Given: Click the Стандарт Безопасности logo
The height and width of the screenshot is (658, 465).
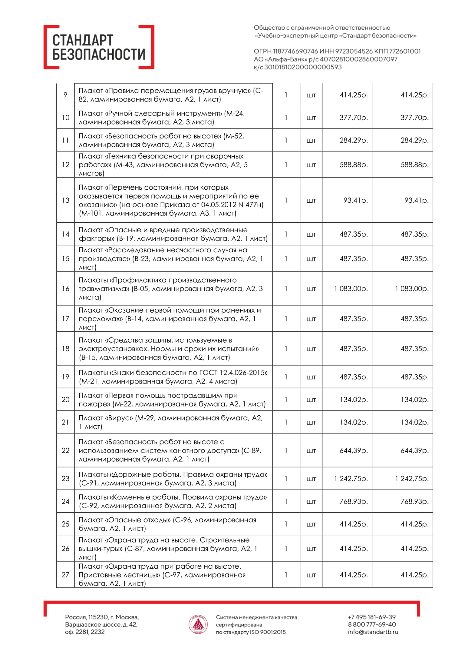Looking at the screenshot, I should (99, 47).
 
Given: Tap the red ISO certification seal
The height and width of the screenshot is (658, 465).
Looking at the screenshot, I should (198, 625).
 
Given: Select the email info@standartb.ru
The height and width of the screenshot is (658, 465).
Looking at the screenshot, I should (373, 632).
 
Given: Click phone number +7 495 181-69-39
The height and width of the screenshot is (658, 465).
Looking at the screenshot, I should (371, 617).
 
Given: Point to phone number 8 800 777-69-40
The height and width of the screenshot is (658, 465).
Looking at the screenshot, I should (372, 624).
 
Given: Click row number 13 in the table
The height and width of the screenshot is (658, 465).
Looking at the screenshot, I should (65, 200).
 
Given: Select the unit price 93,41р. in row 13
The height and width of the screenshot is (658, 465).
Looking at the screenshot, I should (355, 200).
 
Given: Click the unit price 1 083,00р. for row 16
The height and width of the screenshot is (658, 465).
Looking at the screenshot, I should (351, 289).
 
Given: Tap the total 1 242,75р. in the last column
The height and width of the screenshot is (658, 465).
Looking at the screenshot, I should (412, 479).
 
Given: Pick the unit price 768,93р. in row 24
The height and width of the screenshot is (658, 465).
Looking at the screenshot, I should (354, 501).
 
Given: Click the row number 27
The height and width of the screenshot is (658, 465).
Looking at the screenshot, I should (65, 575).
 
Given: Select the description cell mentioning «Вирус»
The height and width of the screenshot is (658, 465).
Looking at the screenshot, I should (171, 422).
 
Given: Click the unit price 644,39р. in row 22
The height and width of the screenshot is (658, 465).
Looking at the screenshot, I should (354, 450).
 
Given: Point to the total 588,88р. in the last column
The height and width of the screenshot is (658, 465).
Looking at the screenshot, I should (414, 165).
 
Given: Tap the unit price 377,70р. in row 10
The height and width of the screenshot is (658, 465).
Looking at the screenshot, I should (354, 118).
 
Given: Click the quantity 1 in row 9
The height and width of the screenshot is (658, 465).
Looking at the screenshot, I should (286, 95).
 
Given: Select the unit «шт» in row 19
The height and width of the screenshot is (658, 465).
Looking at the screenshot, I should (311, 377).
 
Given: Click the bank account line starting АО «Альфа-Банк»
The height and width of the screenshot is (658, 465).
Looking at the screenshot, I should (325, 59).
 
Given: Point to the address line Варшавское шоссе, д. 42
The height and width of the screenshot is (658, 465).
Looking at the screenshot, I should (101, 624).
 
